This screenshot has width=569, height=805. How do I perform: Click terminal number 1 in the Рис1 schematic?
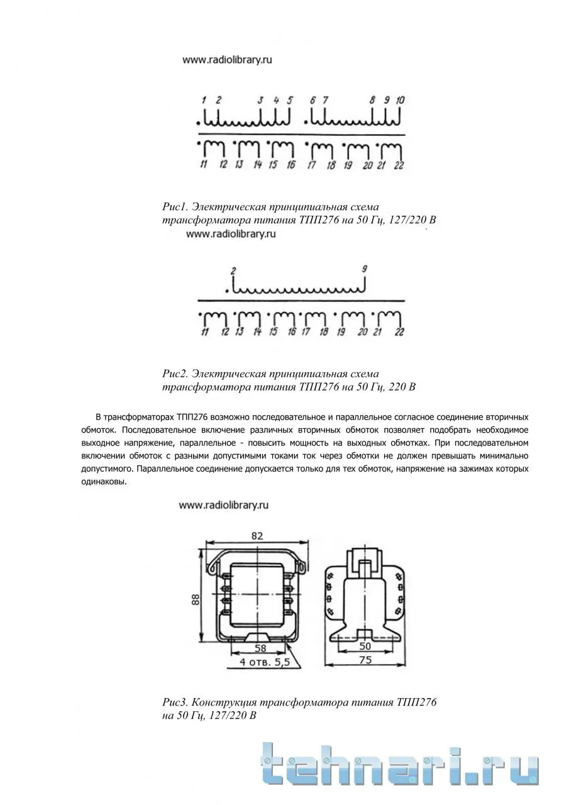pos(204,100)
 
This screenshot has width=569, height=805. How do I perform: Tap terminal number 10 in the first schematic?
pos(401,100)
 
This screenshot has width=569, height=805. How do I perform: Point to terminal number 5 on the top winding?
pos(290,100)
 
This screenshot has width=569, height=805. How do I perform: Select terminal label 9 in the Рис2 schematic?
pos(364,269)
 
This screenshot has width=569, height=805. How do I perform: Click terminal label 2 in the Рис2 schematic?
pos(233,270)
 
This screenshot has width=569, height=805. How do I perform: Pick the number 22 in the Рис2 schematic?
pos(400,331)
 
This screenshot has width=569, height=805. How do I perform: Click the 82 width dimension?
pos(257,535)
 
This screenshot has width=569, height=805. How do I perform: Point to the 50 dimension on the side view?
pos(365,646)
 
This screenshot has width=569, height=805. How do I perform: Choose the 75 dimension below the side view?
pos(365,660)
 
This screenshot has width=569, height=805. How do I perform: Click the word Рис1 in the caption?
pos(175,207)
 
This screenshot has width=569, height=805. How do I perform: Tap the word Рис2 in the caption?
pos(175,374)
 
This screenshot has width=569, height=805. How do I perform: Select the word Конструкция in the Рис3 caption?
pos(224,702)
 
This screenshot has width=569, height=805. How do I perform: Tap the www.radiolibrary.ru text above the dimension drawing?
pos(224,504)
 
